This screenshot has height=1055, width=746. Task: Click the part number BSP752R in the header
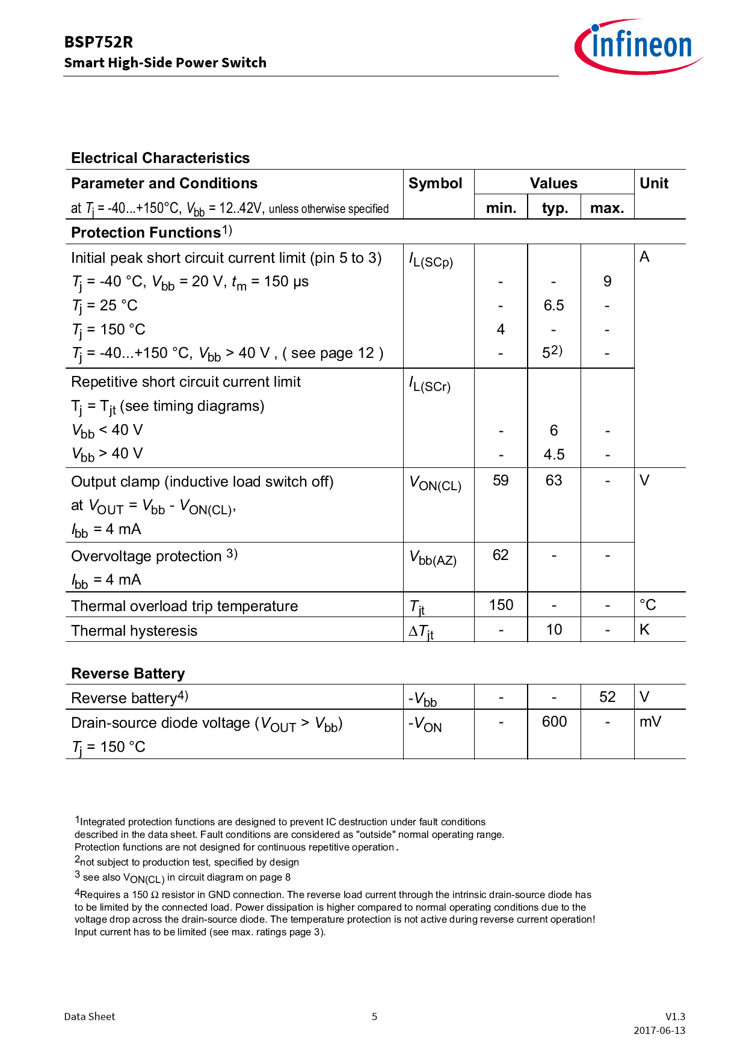point(99,42)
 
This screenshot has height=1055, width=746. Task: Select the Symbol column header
point(435,183)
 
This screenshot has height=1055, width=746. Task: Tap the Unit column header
point(653,183)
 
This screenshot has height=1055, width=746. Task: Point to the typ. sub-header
point(554,208)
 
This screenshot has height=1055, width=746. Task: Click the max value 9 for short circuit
point(607,281)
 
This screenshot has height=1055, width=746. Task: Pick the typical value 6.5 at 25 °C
point(553,306)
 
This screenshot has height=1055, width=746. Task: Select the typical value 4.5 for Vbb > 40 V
point(553,455)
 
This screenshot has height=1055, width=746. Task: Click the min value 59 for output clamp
point(501,481)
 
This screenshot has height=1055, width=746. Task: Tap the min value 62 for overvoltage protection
point(501,555)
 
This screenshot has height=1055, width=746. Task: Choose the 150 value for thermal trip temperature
point(501,605)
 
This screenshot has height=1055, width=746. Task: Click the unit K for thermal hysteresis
point(644,630)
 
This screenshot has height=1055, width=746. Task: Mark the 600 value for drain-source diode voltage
point(554,722)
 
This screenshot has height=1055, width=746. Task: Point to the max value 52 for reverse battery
point(607,697)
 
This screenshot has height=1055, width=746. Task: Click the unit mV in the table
point(650,722)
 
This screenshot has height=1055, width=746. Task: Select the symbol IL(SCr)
point(430,384)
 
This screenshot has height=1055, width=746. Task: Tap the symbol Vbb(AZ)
point(433,558)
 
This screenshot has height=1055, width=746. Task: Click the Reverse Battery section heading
point(128,674)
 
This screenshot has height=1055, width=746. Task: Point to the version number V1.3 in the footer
point(675,1017)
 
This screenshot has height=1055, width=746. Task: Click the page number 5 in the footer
point(374,1017)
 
